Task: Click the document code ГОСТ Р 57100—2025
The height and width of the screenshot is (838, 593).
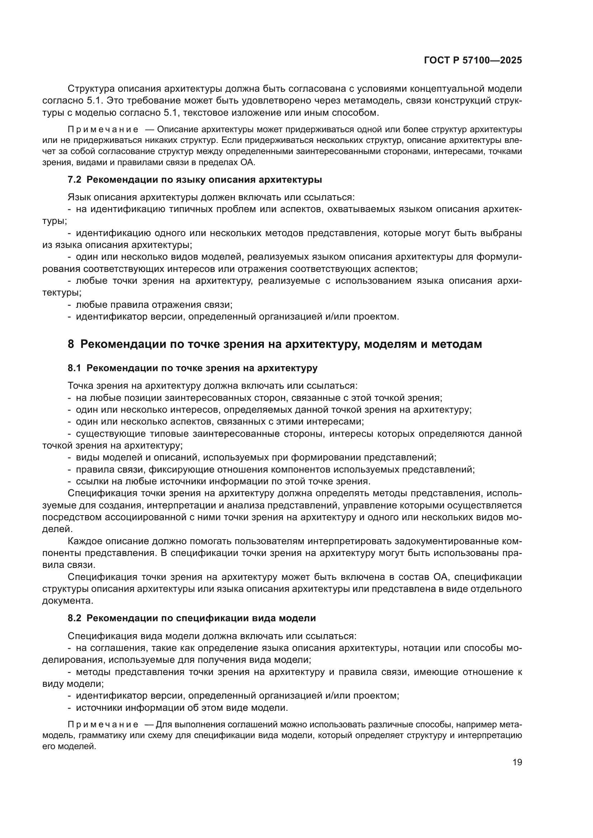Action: click(473, 61)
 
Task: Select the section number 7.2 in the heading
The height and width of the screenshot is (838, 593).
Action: click(75, 179)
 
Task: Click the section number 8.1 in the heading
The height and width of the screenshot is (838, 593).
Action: click(75, 368)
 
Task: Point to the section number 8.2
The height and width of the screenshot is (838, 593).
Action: click(75, 618)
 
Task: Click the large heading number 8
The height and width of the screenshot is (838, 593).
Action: click(71, 344)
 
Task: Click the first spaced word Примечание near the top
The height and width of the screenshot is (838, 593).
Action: click(103, 130)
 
